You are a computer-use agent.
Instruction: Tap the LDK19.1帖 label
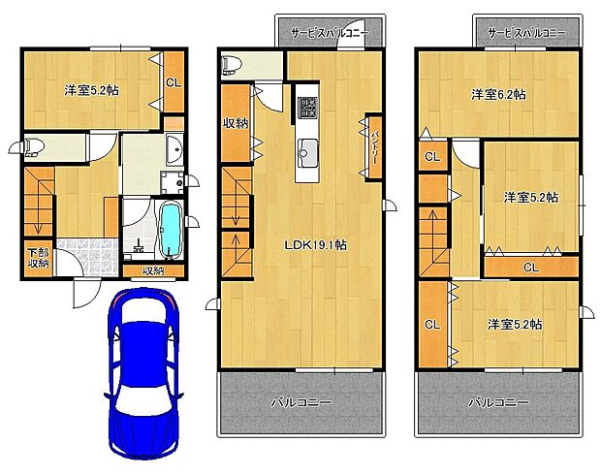tap(316, 245)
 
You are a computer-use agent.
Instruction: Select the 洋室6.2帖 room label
tap(498, 95)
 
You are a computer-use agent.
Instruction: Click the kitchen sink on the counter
tap(307, 149)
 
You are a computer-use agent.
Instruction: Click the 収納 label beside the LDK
tap(236, 123)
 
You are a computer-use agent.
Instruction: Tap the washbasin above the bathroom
tap(175, 149)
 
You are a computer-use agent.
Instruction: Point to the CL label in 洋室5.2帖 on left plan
tap(174, 82)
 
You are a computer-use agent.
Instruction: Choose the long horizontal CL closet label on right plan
tap(531, 267)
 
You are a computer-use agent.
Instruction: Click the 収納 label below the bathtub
tap(153, 270)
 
